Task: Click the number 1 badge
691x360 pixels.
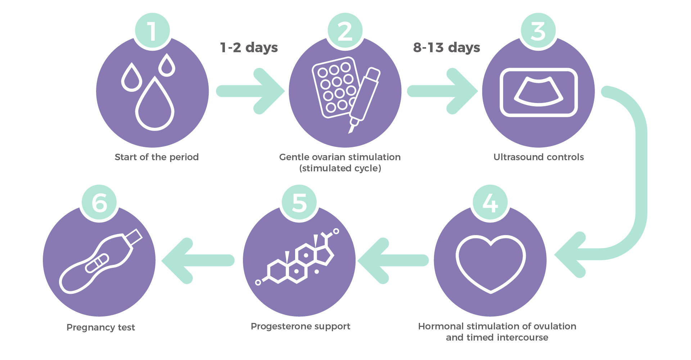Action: pyautogui.click(x=153, y=31)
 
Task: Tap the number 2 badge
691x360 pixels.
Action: pyautogui.click(x=345, y=31)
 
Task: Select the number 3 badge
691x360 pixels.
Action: pyautogui.click(x=538, y=31)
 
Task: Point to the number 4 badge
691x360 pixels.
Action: pyautogui.click(x=490, y=203)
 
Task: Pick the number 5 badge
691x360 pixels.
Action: pyautogui.click(x=299, y=203)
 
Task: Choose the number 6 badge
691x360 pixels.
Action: pyautogui.click(x=100, y=203)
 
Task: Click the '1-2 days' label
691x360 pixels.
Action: pyautogui.click(x=249, y=48)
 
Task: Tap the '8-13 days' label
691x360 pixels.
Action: pyautogui.click(x=446, y=48)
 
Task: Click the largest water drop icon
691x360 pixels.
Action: pyautogui.click(x=155, y=104)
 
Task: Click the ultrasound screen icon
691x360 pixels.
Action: pyautogui.click(x=538, y=92)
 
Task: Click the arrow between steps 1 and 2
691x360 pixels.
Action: pyautogui.click(x=250, y=91)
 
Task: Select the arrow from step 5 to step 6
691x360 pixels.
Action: pyautogui.click(x=198, y=260)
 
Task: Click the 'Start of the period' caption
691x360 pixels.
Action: pyautogui.click(x=157, y=157)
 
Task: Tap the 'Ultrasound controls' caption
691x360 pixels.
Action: pyautogui.click(x=538, y=157)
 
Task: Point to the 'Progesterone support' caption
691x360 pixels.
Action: pyautogui.click(x=301, y=326)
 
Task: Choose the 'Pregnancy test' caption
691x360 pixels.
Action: pyautogui.click(x=101, y=327)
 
